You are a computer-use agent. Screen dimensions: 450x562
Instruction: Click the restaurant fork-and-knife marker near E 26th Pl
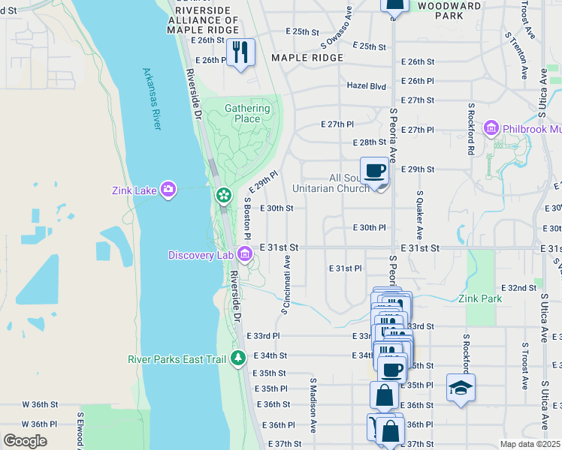pyautogui.click(x=240, y=52)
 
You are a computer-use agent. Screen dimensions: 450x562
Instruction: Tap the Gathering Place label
pyautogui.click(x=247, y=113)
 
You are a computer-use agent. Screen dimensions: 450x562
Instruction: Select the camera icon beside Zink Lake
pyautogui.click(x=168, y=190)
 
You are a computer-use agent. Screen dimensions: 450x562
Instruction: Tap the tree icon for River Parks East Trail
pyautogui.click(x=238, y=359)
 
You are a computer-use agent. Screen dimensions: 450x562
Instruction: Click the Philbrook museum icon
pyautogui.click(x=492, y=129)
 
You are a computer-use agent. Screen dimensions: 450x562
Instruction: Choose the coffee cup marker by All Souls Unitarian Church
pyautogui.click(x=374, y=171)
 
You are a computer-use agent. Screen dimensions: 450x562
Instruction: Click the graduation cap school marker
pyautogui.click(x=461, y=388)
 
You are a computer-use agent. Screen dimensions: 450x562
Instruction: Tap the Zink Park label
pyautogui.click(x=480, y=298)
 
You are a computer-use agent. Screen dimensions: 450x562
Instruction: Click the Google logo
pyautogui.click(x=25, y=441)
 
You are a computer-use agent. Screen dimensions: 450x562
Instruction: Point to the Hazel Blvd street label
pyautogui.click(x=366, y=86)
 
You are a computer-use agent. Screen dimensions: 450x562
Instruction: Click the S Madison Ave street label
pyautogui.click(x=313, y=405)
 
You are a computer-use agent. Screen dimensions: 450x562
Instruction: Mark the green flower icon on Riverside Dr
pyautogui.click(x=223, y=195)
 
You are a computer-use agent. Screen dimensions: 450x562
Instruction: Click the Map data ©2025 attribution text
pyautogui.click(x=530, y=444)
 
